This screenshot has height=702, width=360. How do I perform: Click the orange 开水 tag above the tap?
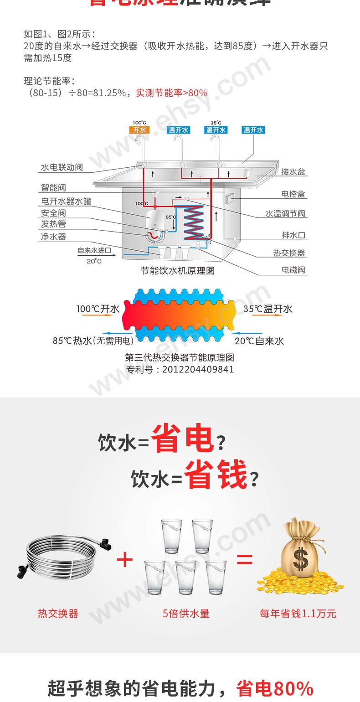pos(139,130)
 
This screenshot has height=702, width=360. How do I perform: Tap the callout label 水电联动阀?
pos(62,167)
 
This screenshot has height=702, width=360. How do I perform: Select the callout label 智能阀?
pos(53,187)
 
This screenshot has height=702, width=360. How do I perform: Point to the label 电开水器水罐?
pos(66,201)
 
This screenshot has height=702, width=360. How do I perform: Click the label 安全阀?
pos(53,213)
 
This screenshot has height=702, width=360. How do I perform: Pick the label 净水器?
pos(53,236)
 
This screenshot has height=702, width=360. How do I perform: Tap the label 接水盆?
pos(293,172)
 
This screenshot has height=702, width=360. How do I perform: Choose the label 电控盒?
pos(293,194)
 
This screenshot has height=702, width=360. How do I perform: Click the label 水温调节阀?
pos(285,214)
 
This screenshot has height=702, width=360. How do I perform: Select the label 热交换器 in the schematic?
pos(289,253)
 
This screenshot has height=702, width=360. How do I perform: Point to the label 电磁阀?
pos(293,270)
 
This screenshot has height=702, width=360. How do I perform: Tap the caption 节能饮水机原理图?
pos(177,271)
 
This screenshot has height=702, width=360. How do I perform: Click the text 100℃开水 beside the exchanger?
pos(98,309)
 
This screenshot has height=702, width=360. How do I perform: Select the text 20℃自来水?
pos(259,341)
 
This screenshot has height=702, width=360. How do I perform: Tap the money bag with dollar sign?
pos(300,554)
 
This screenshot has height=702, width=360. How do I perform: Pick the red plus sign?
pos(124,559)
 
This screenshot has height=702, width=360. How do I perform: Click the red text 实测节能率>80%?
pos(172,93)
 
